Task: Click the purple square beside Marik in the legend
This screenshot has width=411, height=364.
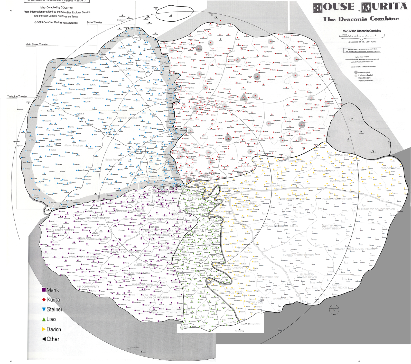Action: [44, 290]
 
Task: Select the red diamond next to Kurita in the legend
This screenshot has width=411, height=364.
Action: [44, 300]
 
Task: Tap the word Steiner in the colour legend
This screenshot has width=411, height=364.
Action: [54, 309]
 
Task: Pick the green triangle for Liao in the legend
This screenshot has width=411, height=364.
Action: [44, 319]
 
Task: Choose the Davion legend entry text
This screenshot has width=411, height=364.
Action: [54, 329]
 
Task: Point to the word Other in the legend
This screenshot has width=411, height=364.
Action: [53, 339]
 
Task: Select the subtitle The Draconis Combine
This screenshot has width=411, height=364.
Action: [361, 19]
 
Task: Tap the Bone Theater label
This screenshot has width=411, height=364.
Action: [95, 22]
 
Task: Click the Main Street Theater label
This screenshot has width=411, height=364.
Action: [36, 45]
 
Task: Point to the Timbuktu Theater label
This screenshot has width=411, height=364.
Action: [17, 97]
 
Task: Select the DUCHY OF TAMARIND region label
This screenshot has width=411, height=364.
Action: [98, 218]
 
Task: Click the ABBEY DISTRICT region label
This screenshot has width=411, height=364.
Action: [64, 230]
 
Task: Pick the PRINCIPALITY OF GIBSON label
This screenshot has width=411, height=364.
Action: [84, 256]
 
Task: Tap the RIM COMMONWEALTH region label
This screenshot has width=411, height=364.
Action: [88, 287]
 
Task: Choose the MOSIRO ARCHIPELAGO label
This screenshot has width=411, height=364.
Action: [146, 285]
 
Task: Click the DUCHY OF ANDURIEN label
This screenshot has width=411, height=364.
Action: [156, 297]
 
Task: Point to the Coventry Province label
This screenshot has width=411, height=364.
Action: [93, 98]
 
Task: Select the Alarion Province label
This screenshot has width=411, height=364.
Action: [73, 145]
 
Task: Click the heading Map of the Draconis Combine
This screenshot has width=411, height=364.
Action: [362, 31]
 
